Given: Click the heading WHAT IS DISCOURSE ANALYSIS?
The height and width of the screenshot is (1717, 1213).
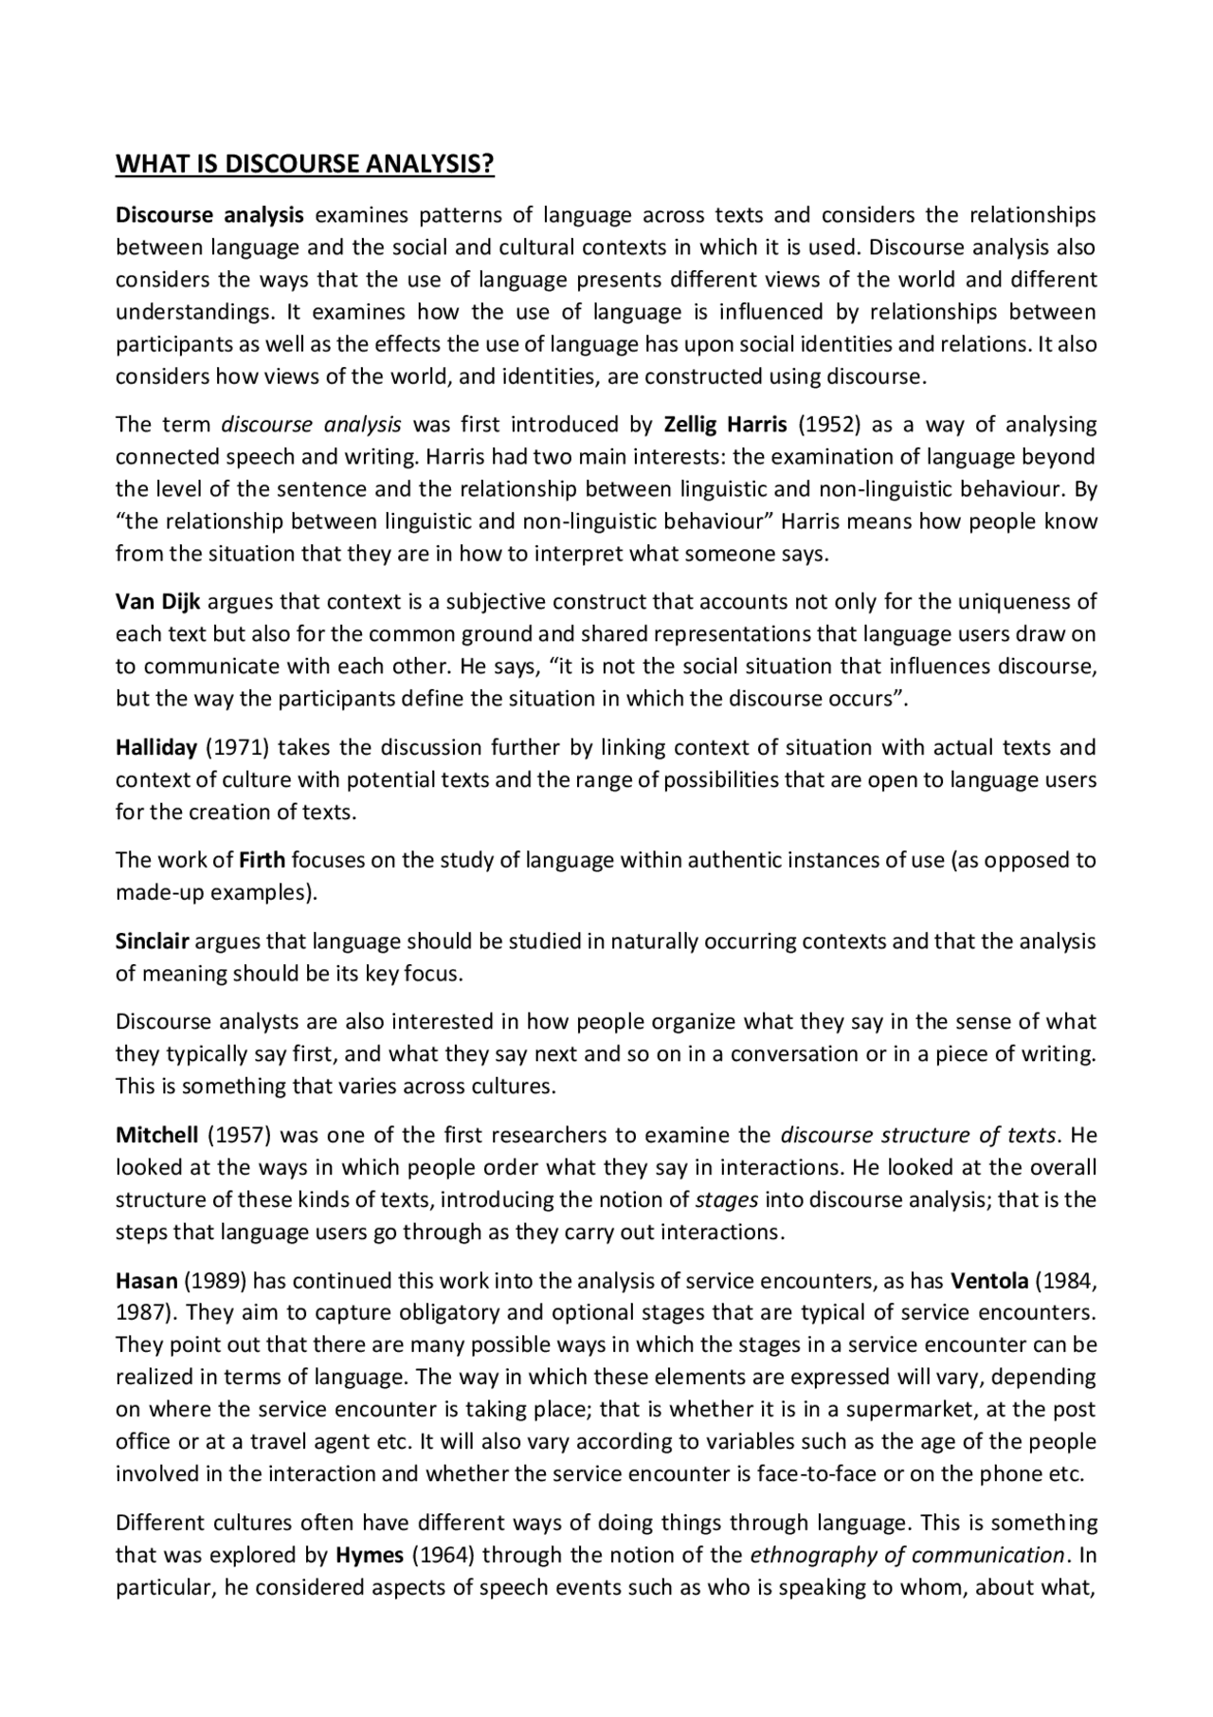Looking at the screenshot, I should tap(304, 164).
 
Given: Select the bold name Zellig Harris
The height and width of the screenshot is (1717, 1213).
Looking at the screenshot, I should tap(725, 424).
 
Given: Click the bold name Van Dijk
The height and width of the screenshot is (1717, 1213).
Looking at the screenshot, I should tap(157, 601).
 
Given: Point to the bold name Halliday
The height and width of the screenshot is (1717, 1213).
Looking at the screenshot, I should tap(156, 747).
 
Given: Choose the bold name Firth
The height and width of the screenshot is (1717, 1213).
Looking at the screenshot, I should tap(262, 860).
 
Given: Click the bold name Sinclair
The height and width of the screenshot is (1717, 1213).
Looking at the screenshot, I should tap(153, 941).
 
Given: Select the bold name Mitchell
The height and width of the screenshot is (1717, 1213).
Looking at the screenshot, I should tap(157, 1135).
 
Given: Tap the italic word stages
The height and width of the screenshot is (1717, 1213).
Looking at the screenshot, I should tap(727, 1199).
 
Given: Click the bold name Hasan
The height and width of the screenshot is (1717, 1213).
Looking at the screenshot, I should tap(147, 1281).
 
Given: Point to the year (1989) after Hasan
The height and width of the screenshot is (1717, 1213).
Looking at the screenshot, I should tap(215, 1281).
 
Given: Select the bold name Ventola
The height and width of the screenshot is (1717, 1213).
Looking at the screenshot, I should tap(989, 1281).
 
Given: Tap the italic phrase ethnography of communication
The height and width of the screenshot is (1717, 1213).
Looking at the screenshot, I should tap(907, 1555).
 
